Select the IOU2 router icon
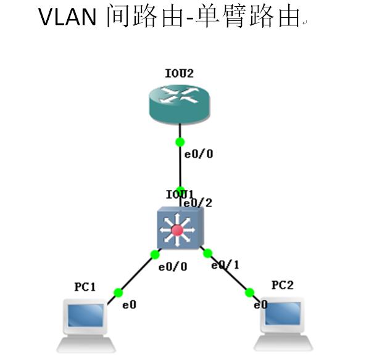pos(179,102)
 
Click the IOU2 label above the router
pos(179,73)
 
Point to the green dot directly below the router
pos(180,142)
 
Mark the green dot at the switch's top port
pos(180,190)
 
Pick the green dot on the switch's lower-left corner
pos(155,254)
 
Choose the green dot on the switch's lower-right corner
pos(208,253)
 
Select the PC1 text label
pos(85,286)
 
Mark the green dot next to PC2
pos(250,292)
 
